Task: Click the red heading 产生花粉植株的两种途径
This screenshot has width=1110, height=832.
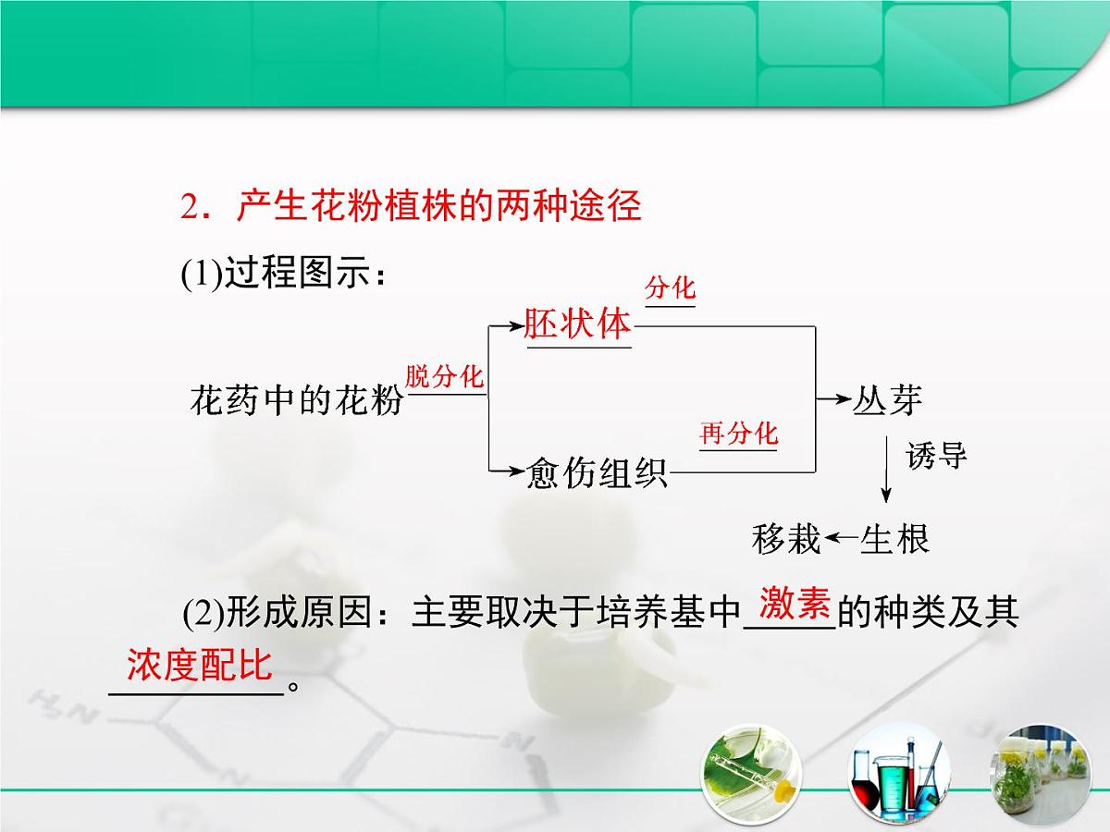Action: [x=411, y=207]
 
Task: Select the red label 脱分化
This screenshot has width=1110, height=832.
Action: [x=445, y=376]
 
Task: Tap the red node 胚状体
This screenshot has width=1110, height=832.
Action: [x=577, y=324]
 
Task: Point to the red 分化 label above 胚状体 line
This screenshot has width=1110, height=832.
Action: [x=670, y=288]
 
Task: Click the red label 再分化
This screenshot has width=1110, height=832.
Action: [x=738, y=433]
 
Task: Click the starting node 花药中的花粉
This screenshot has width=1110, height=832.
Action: [x=297, y=401]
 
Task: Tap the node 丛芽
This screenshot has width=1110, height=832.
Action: [x=887, y=400]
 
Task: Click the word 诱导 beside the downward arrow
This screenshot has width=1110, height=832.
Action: [x=936, y=456]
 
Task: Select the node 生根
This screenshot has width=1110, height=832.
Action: [x=894, y=538]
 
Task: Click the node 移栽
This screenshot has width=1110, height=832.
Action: [x=786, y=538]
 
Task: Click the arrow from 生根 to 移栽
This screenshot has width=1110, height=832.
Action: [x=842, y=538]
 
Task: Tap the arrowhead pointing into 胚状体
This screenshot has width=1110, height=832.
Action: [x=515, y=325]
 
